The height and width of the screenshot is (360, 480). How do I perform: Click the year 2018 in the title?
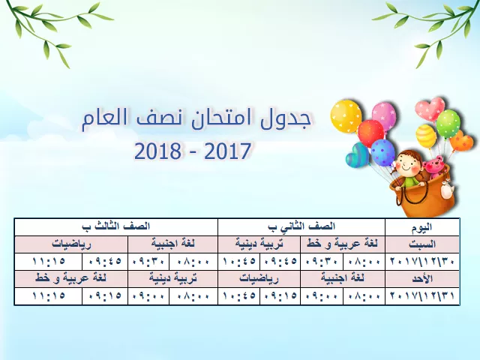point(157,151)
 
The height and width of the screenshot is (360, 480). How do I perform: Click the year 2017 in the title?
point(227,151)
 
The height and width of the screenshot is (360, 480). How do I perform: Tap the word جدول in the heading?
point(286,119)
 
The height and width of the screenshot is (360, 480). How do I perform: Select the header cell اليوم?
point(422,226)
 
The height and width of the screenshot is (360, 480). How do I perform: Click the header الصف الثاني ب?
point(301,226)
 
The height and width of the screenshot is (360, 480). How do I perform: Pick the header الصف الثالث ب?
point(116,226)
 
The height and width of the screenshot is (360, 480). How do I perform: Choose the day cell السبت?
point(422,244)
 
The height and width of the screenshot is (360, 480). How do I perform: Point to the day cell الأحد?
point(422,278)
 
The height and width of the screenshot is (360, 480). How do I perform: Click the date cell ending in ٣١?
point(422,296)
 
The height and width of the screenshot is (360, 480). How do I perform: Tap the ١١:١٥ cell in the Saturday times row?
point(49,262)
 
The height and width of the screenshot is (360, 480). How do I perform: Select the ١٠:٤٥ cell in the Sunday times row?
point(239,296)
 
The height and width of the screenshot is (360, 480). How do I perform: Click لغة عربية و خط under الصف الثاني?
point(343,244)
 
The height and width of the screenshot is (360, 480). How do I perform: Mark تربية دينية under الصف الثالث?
point(173,278)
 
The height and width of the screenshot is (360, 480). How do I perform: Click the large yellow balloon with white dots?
point(346,116)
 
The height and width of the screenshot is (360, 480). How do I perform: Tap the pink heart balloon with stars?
point(430,109)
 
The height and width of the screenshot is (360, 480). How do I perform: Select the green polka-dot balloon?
point(448,124)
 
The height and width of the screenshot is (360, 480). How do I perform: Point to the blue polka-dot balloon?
point(383,152)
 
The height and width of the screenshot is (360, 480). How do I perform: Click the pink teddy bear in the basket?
point(433,169)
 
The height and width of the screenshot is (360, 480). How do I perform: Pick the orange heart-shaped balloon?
point(460,141)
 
